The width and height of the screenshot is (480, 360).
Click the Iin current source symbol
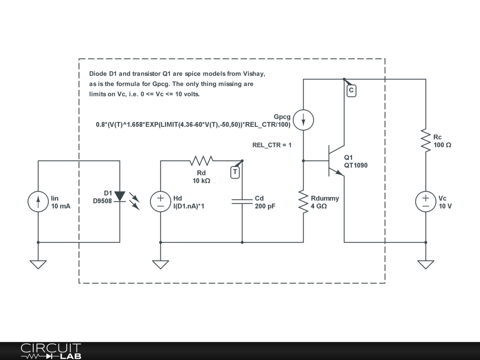click(38, 202)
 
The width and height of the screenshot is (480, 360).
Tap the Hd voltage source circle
click(160, 202)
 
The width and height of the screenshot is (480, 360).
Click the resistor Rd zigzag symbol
click(202, 161)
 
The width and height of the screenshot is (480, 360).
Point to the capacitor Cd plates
click(242, 202)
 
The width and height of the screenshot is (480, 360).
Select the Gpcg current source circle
click(303, 120)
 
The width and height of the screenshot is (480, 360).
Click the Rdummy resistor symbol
click(303, 202)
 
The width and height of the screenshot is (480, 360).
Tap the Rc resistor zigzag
click(426, 141)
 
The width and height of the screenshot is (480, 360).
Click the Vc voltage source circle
click(426, 202)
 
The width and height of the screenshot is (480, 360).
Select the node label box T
click(235, 172)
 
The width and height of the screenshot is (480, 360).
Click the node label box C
click(351, 90)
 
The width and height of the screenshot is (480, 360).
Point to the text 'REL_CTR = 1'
click(272, 145)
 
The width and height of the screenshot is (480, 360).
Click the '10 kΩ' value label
click(201, 180)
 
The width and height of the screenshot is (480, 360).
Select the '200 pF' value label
click(265, 206)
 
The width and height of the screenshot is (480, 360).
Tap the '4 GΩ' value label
click(319, 206)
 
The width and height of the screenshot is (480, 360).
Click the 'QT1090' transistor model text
click(356, 165)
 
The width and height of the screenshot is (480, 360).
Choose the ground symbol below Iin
click(38, 264)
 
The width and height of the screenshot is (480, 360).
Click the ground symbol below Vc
click(426, 264)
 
